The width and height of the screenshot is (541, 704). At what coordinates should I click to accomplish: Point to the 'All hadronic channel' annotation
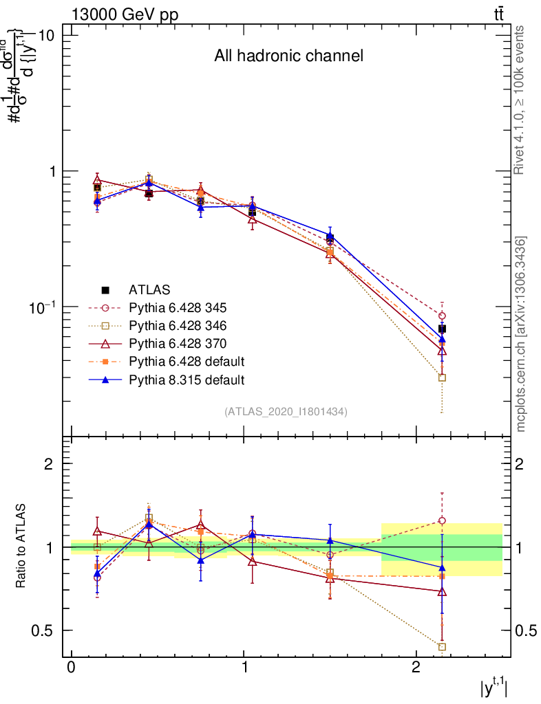tap(288, 56)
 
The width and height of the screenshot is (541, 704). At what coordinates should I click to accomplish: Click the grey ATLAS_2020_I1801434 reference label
tap(286, 412)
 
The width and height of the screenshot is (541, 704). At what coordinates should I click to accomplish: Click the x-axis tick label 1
tap(244, 669)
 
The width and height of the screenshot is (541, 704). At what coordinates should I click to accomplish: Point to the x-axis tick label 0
tap(72, 669)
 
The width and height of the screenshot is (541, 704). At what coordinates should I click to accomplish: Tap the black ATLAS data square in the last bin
tap(442, 329)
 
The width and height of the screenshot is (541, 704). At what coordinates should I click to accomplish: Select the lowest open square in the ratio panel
tap(442, 646)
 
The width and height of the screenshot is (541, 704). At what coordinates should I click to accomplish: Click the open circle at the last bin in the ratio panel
tap(442, 520)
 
